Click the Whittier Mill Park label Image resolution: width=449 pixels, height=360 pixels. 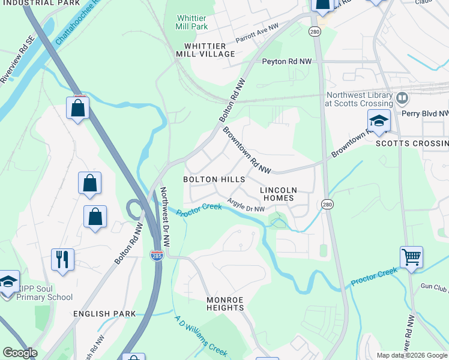[191, 22]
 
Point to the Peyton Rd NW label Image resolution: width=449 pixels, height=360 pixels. [286, 61]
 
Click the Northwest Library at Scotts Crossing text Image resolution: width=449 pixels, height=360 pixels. [358, 99]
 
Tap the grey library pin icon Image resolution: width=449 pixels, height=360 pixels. [402, 97]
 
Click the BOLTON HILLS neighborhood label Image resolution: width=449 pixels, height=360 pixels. [214, 179]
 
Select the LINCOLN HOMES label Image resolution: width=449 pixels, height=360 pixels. [277, 194]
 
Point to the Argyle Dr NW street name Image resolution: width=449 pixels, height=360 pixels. [246, 205]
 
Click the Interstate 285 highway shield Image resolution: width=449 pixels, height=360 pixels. [157, 256]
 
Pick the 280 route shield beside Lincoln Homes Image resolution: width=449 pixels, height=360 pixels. [326, 205]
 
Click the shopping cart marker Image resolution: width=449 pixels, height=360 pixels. [411, 257]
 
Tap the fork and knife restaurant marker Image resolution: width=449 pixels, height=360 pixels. [62, 259]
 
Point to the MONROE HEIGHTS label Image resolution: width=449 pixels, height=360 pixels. [225, 304]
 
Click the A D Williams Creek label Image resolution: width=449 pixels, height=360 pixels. [200, 335]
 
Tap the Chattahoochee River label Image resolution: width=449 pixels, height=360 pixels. [77, 26]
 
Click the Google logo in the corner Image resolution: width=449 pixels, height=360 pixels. [20, 353]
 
